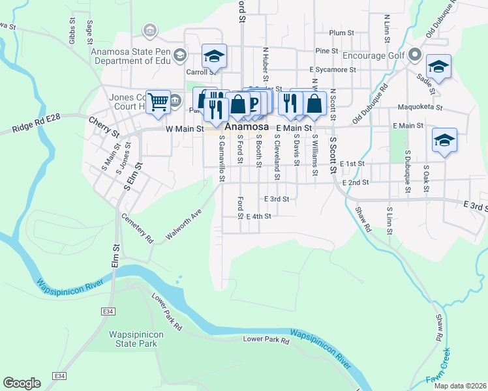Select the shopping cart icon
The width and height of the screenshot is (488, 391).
tap(158, 102)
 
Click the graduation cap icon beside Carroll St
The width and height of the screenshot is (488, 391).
tap(213, 56)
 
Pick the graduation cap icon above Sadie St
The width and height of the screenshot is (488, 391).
tap(439, 66)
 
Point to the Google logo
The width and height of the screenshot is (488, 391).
tap(22, 383)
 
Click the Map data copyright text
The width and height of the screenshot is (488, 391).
tap(460, 386)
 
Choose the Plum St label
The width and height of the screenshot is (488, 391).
tap(341, 33)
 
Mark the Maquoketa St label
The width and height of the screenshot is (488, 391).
tap(421, 108)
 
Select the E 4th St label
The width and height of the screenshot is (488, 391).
tap(258, 216)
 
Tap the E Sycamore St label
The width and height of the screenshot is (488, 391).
tap(333, 69)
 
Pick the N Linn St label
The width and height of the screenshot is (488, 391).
tap(387, 26)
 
